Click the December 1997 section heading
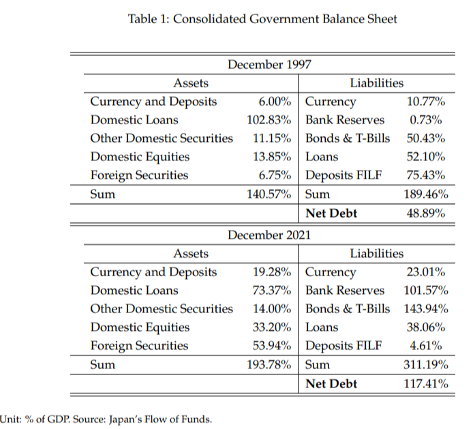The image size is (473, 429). pos(269,65)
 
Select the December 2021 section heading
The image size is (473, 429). pos(269,235)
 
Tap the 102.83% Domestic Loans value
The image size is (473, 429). pos(269,120)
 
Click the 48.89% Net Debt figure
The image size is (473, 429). pos(426,213)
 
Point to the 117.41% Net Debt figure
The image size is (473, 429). pos(426,384)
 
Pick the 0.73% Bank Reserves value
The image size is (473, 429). pos(426,120)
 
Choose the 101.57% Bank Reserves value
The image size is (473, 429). pos(426,291)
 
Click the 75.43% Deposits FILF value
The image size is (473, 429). pos(426,175)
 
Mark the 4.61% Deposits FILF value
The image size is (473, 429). pos(426,346)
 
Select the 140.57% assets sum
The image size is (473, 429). pos(269,194)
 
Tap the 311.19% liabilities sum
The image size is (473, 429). pos(426,365)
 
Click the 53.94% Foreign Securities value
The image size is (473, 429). pos(272,346)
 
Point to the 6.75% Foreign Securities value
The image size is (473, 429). pos(275,175)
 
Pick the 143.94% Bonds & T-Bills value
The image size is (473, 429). pos(426,309)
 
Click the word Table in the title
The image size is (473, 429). pos(142,18)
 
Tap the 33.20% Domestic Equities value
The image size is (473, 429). pos(272,327)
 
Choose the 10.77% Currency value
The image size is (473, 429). pos(426,102)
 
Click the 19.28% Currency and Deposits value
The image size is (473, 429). pos(272,272)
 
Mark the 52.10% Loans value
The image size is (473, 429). pos(426,157)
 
